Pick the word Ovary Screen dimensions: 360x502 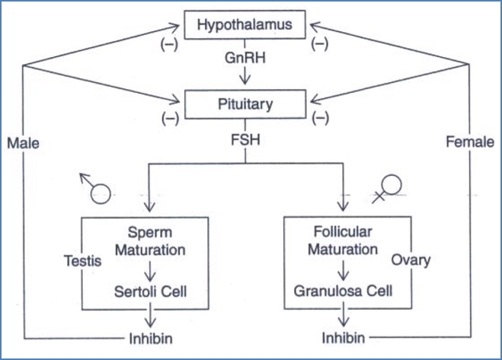(412, 260)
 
